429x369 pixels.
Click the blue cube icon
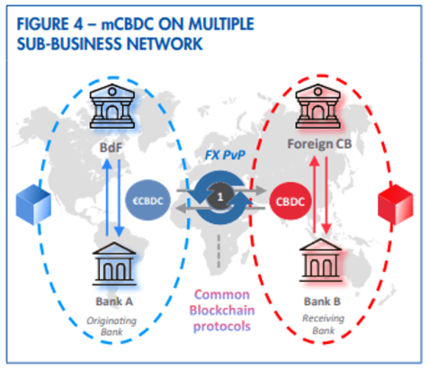pos(33,204)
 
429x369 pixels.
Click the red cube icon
pos(396,204)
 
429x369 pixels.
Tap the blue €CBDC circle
pos(147,201)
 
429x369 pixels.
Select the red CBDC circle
pos(290,201)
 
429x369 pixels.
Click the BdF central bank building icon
pos(112,106)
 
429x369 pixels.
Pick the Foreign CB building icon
pos(318,106)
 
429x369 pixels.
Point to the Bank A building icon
pos(114,264)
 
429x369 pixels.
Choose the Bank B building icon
pos(321,261)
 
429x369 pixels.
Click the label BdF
pos(111,148)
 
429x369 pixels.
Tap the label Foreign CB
pos(319,144)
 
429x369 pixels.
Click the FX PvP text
pos(225,155)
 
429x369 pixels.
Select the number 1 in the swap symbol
pos(220,197)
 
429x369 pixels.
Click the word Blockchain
pos(222,310)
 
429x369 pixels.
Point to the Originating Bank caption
pos(112,327)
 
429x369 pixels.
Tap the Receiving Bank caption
pos(323,324)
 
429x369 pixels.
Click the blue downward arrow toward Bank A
pos(120,198)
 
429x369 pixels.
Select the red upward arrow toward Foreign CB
pos(314,194)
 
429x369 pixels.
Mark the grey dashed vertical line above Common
pos(219,251)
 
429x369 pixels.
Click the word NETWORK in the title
pos(165,44)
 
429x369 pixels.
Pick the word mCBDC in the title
pos(128,24)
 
